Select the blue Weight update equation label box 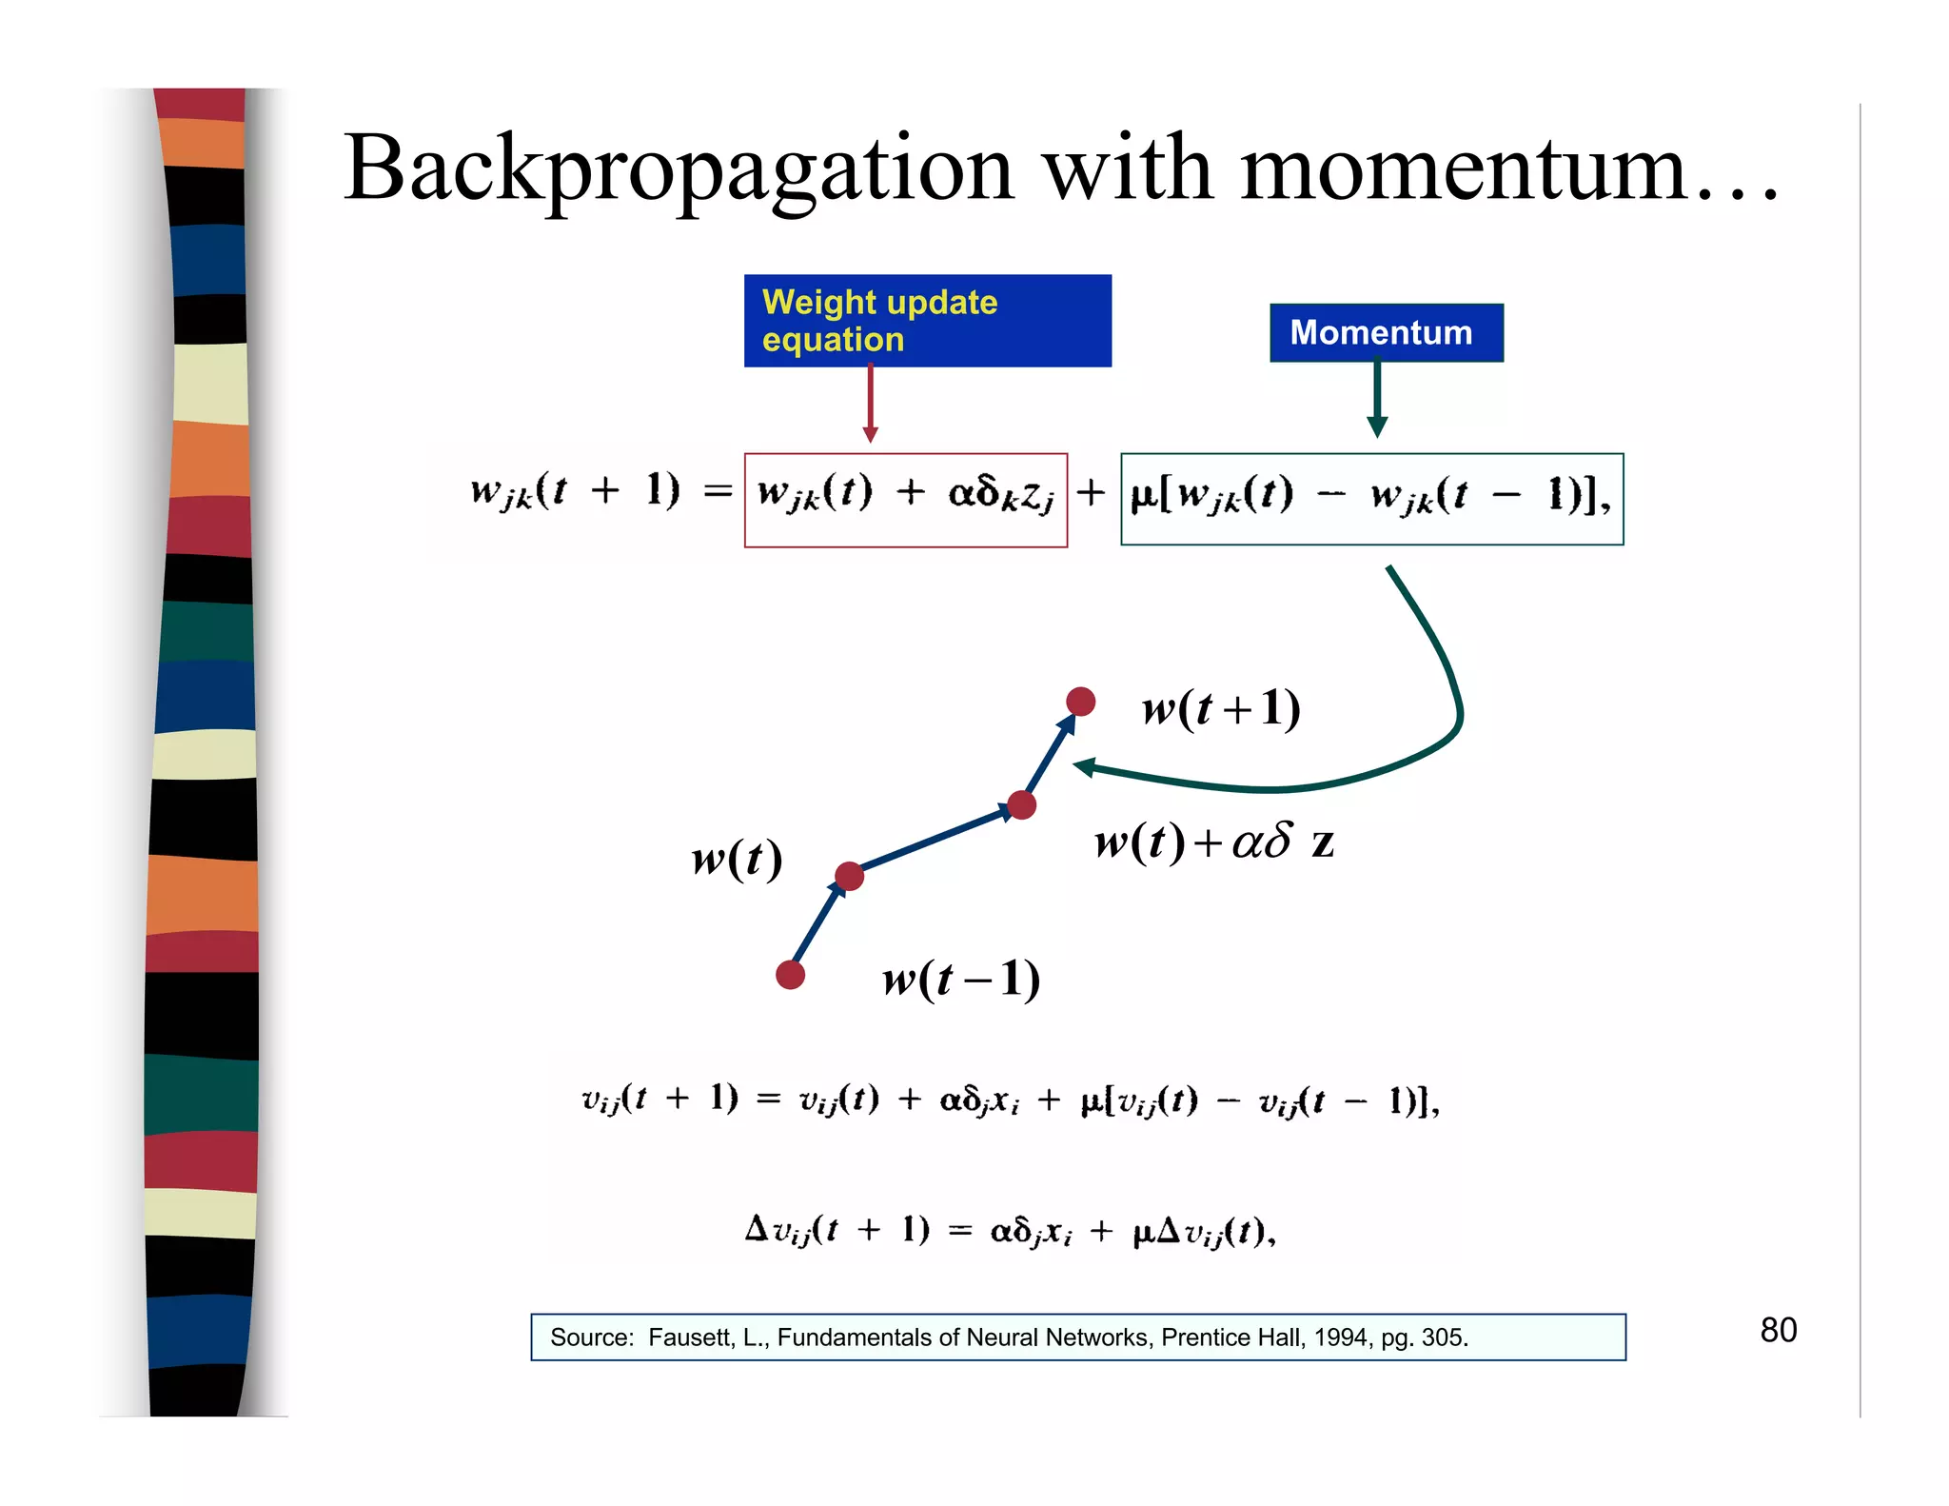[927, 321]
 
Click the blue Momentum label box [1386, 332]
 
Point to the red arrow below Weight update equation [870, 405]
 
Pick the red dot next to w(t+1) [1080, 702]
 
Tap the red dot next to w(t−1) [790, 975]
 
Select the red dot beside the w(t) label [849, 876]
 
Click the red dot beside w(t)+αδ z [1021, 805]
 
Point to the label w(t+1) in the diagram [1221, 708]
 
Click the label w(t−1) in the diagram [961, 979]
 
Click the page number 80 [1778, 1330]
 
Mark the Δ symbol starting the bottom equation [756, 1228]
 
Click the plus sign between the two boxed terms [1091, 493]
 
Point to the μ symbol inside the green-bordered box [1141, 497]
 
